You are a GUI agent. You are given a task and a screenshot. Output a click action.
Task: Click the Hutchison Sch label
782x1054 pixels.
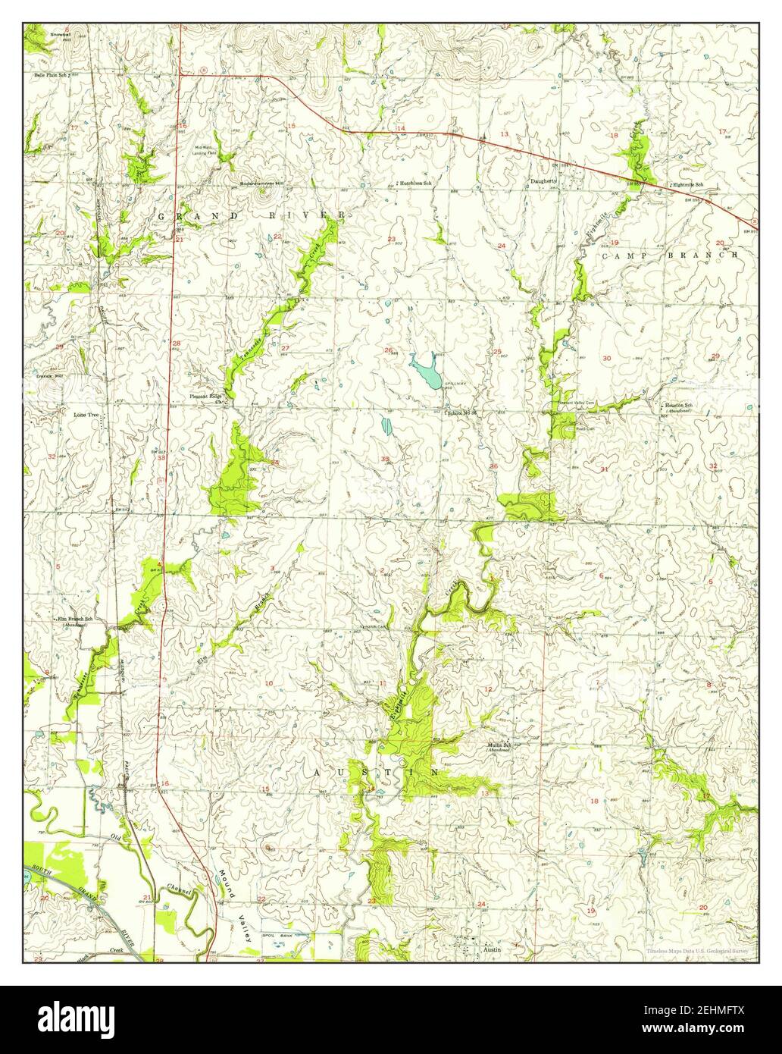coord(416,184)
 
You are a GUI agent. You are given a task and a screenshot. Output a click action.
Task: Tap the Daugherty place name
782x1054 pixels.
coord(543,181)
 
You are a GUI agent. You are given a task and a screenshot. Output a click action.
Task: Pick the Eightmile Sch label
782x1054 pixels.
coord(688,186)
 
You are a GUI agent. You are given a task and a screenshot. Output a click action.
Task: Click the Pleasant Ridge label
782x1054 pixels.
coord(205,397)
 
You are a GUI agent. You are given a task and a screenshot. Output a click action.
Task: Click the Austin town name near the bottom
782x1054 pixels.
coord(491,949)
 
